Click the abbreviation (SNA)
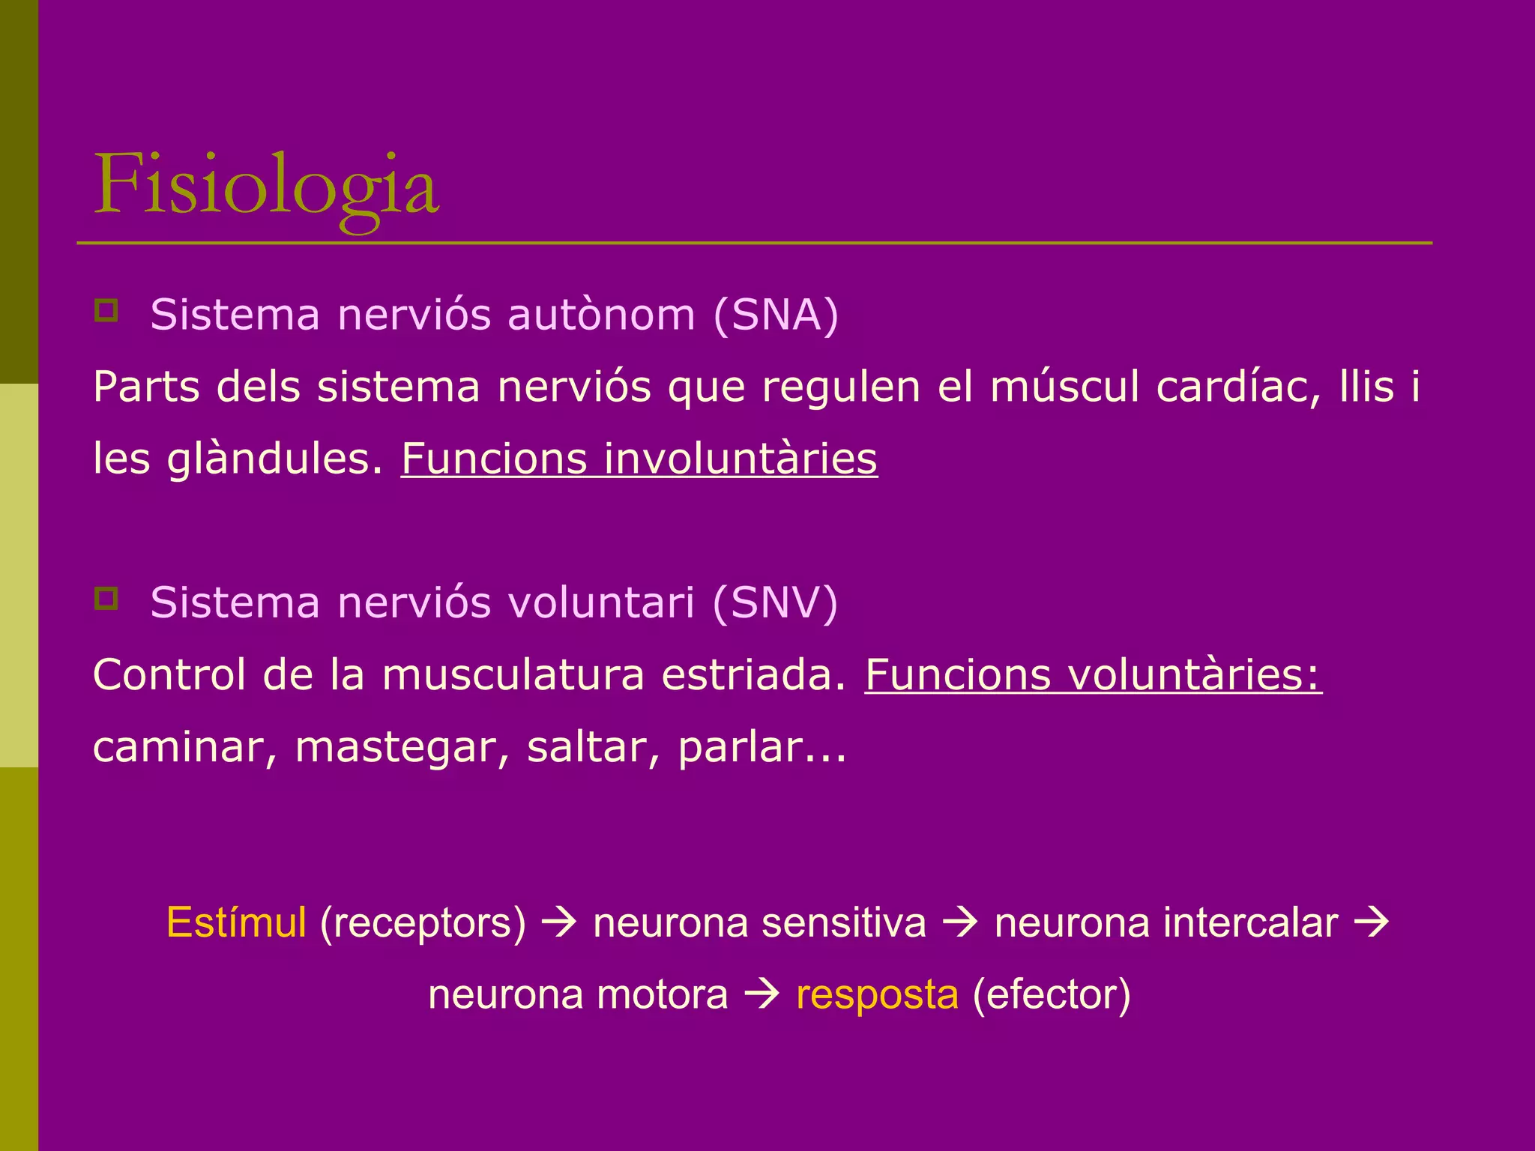[776, 315]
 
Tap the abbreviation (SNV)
[775, 602]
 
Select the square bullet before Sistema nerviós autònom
[106, 310]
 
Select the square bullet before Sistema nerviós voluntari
[106, 598]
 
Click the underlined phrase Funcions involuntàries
[639, 459]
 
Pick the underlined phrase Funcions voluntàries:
[1093, 674]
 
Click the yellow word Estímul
[236, 922]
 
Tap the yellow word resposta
[877, 994]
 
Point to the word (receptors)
[423, 922]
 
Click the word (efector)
[1051, 994]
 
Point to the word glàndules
[274, 459]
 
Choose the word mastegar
[402, 747]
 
